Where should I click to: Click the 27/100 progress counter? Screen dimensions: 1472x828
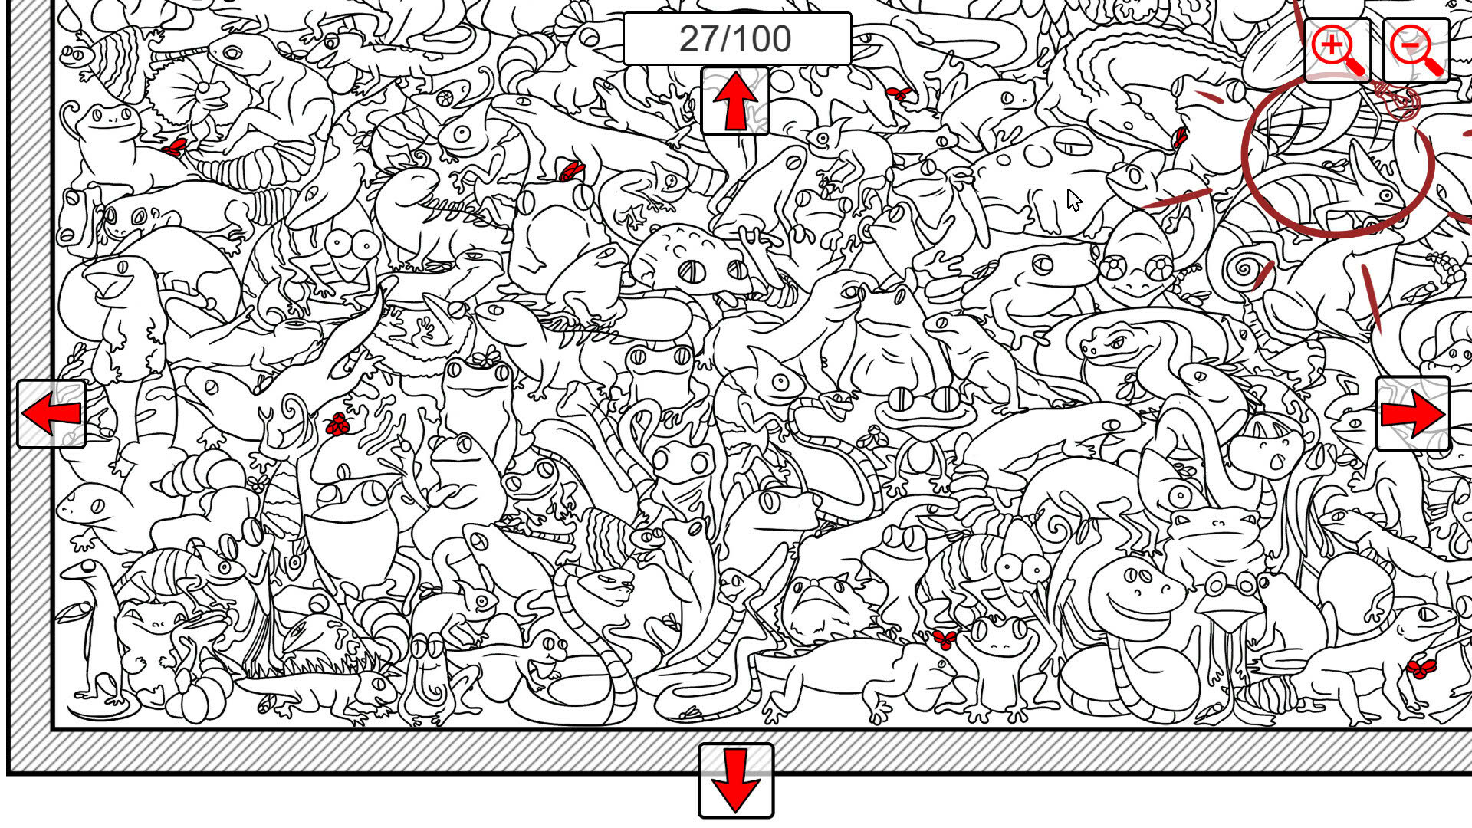pos(737,39)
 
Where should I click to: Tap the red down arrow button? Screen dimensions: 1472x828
pos(736,781)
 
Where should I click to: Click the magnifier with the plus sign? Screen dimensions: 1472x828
pos(1338,50)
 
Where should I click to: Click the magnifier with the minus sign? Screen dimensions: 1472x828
pos(1416,50)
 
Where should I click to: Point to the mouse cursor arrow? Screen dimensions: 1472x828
pos(1074,200)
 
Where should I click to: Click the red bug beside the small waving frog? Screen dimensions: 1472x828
pos(945,639)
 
